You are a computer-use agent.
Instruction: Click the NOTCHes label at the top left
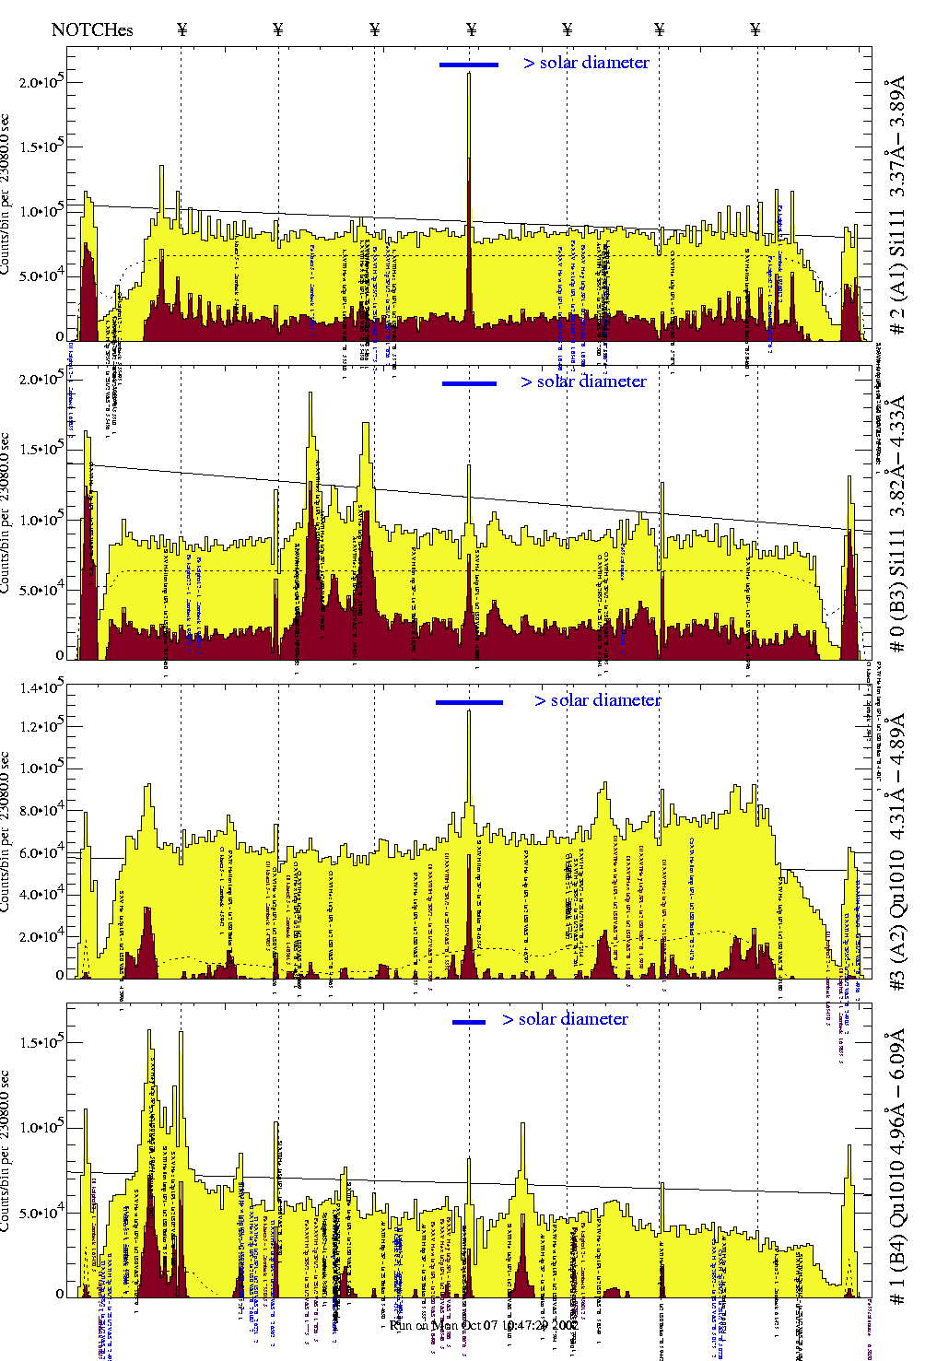[x=92, y=29]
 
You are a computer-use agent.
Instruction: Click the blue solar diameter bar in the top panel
[x=469, y=65]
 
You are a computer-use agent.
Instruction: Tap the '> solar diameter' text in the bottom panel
[x=565, y=1019]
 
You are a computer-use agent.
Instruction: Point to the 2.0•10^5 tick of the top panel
[x=41, y=82]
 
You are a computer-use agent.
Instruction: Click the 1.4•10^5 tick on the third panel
[x=41, y=688]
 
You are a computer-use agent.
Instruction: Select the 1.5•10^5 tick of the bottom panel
[x=41, y=1042]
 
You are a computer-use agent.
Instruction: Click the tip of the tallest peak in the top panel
[x=469, y=73]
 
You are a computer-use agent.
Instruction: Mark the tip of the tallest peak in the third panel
[x=469, y=710]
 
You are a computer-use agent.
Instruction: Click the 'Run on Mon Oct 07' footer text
[x=484, y=1325]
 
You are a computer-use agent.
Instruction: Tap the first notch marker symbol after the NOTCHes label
[x=181, y=29]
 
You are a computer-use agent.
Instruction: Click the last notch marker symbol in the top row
[x=755, y=29]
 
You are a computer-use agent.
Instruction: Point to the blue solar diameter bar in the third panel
[x=469, y=702]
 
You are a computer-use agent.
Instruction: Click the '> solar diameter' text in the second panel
[x=583, y=381]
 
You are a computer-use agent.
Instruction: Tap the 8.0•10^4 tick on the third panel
[x=41, y=811]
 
